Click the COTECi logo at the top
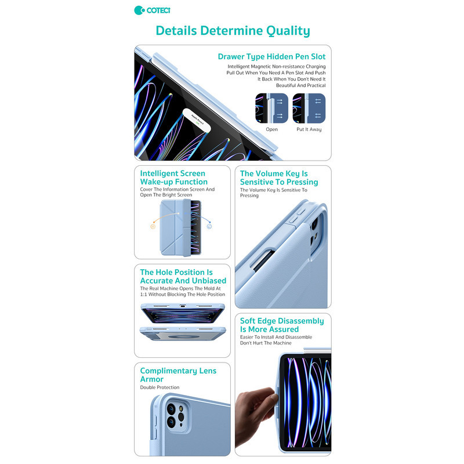[152, 10]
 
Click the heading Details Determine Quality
[233, 31]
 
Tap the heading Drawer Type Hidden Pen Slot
[271, 56]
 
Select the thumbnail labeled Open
[271, 108]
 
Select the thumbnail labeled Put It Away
[309, 108]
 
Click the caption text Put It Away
[309, 129]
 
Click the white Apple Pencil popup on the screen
[197, 121]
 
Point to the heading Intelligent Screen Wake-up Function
[173, 177]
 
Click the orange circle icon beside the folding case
[153, 227]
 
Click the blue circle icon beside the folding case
[209, 226]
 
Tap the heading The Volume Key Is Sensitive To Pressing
[279, 177]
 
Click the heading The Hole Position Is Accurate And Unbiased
[183, 277]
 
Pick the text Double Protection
[160, 387]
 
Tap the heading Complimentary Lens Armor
[178, 375]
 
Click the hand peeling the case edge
[255, 414]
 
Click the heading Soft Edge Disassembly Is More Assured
[282, 325]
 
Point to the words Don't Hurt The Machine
[266, 343]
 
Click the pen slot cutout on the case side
[263, 260]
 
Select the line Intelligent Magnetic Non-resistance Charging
[277, 67]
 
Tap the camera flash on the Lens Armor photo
[180, 409]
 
